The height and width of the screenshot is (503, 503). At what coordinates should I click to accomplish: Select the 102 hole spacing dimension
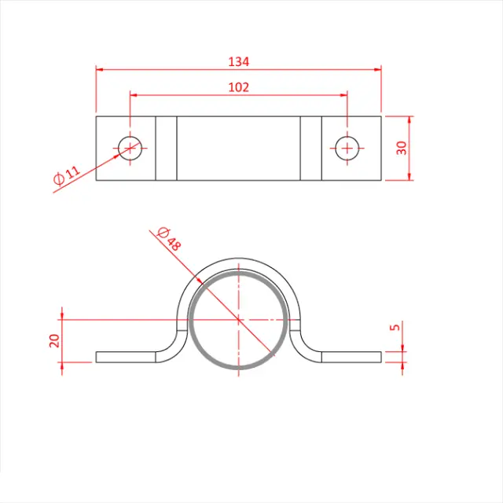point(238,87)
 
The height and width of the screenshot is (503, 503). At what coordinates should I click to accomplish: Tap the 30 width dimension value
point(402,148)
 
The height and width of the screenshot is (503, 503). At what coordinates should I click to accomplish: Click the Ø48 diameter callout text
point(169,239)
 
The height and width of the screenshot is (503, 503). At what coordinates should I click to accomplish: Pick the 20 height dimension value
point(54,340)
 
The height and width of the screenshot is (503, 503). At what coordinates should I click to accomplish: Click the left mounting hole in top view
point(130,147)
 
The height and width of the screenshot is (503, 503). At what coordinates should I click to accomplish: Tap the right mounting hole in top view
point(347,147)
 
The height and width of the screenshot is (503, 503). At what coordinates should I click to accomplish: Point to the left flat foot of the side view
point(126,357)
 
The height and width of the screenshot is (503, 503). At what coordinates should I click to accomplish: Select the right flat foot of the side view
point(352,357)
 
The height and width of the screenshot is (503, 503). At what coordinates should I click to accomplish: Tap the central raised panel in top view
point(238,148)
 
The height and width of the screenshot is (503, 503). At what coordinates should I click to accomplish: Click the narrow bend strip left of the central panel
point(166,148)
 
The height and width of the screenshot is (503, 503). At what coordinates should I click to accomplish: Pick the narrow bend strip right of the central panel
point(311,148)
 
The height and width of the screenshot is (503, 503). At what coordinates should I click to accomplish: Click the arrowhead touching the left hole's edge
point(119,154)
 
